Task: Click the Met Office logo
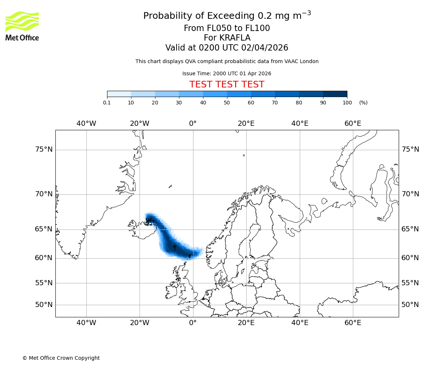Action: pos(22,26)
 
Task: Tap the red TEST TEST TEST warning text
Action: pos(227,85)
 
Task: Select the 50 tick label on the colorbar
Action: pos(227,103)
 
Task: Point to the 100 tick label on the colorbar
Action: pos(347,103)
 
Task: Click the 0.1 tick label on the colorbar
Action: pos(107,103)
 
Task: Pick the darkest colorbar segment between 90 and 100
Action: pos(335,94)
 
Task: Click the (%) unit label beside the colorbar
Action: pos(363,103)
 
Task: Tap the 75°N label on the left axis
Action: pos(44,149)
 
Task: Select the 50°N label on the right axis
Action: pos(410,305)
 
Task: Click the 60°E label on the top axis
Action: pos(353,124)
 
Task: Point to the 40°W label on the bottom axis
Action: pos(86,323)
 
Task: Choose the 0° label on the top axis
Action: pos(193,124)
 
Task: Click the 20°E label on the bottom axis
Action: pos(246,323)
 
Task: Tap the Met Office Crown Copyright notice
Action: pos(61,358)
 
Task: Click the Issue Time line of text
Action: pos(227,74)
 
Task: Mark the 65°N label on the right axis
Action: pos(410,229)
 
